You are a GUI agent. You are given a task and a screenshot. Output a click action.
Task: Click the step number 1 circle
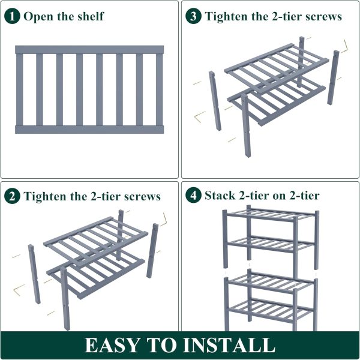click(x=12, y=16)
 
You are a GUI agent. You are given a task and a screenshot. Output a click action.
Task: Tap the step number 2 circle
click(x=12, y=196)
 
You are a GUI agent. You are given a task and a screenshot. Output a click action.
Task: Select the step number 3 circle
click(x=193, y=16)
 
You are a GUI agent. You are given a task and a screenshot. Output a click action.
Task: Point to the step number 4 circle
click(x=193, y=196)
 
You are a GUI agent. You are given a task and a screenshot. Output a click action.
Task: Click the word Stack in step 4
click(x=220, y=196)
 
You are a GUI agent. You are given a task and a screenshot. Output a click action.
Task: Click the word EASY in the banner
click(x=112, y=345)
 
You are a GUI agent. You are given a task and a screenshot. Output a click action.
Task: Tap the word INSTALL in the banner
click(x=230, y=345)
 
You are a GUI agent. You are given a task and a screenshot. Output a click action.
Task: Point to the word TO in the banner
click(x=162, y=345)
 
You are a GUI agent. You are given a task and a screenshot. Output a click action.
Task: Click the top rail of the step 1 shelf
click(x=89, y=50)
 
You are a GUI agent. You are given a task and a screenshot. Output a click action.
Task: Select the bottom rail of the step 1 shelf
click(x=89, y=130)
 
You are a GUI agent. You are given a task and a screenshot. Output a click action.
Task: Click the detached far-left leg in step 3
click(x=215, y=101)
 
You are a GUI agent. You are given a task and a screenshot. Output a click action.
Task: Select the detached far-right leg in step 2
click(x=152, y=250)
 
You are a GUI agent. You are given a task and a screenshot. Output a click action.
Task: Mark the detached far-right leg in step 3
click(x=333, y=77)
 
